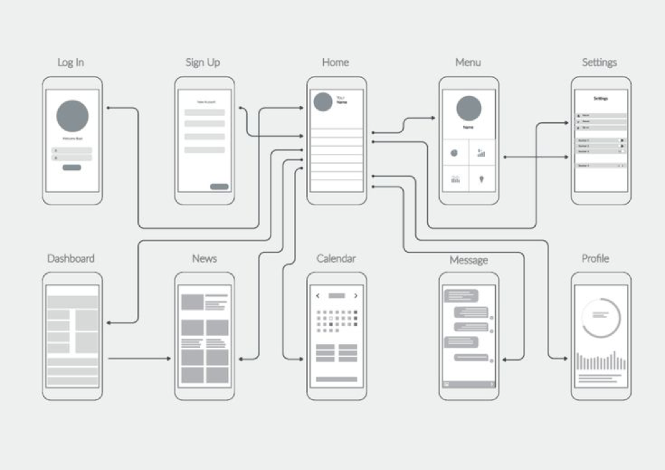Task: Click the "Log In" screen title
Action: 71,63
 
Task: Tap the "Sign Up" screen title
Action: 203,63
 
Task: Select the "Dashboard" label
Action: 71,259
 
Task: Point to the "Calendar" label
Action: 336,259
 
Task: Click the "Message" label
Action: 468,260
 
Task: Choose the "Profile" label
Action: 595,259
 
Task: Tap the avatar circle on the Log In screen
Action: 73,116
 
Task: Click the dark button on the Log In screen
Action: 72,167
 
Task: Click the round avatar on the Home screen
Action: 323,102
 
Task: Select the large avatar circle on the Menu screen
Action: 468,108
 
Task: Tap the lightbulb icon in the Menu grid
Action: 481,179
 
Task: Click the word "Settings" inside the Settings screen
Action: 600,98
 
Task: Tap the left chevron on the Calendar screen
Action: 318,295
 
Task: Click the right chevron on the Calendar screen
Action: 356,295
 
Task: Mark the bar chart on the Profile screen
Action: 600,361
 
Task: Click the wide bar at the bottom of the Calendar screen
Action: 336,379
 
